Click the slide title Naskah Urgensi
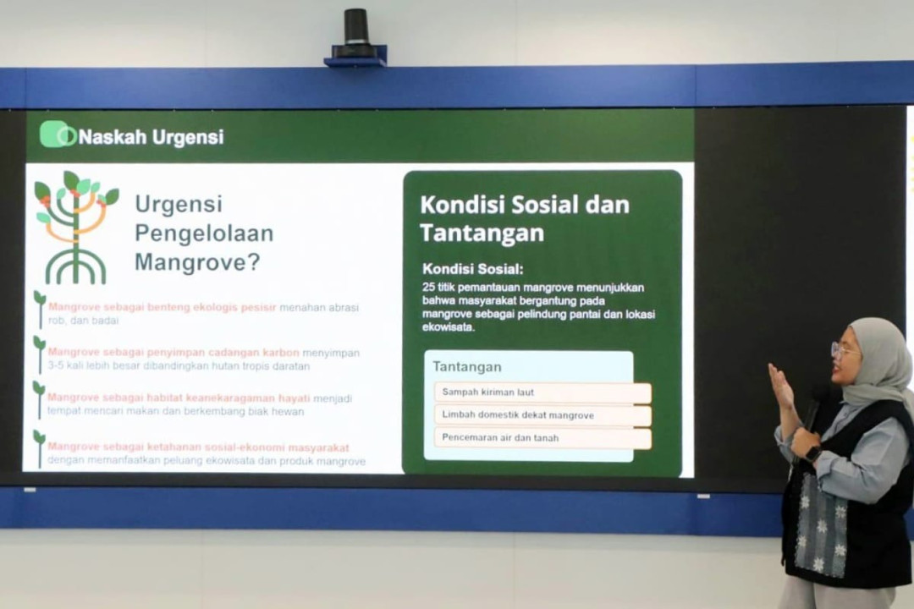pyautogui.click(x=151, y=137)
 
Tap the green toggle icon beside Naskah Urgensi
pyautogui.click(x=57, y=134)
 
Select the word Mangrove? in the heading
pyautogui.click(x=196, y=263)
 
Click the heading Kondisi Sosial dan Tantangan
pyautogui.click(x=525, y=218)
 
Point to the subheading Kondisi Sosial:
pyautogui.click(x=473, y=269)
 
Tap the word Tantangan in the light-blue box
pyautogui.click(x=467, y=367)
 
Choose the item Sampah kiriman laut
pyautogui.click(x=488, y=392)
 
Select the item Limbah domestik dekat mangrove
pyautogui.click(x=518, y=415)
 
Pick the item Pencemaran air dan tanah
pyautogui.click(x=500, y=438)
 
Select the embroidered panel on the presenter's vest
pyautogui.click(x=819, y=520)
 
